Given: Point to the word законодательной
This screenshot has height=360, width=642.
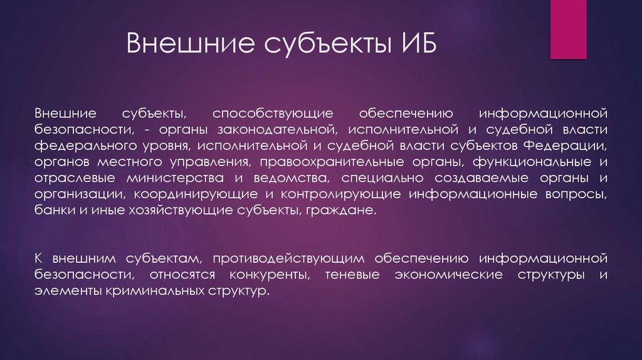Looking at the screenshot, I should coord(298,130).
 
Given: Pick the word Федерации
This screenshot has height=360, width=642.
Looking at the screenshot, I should coord(572,147).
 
